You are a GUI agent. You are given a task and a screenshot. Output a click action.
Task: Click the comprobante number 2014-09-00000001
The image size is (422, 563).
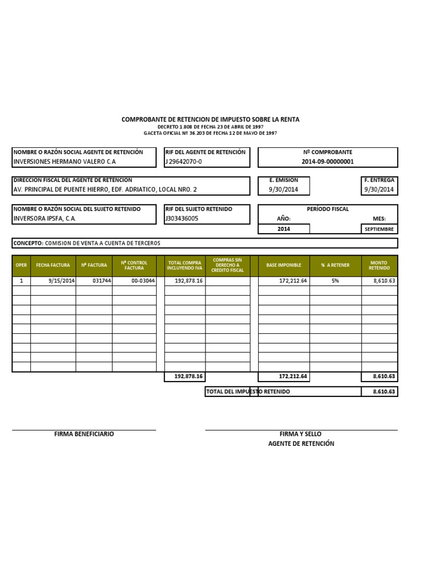(327, 162)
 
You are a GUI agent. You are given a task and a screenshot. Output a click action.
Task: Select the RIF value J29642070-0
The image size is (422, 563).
(184, 162)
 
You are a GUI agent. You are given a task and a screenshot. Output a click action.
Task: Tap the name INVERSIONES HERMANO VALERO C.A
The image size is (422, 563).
(64, 162)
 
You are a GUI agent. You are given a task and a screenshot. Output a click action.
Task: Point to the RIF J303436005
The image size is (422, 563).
(182, 218)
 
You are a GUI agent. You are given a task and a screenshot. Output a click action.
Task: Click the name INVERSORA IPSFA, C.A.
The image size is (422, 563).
(45, 218)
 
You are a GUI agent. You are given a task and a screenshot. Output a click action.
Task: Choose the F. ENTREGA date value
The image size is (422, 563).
(379, 190)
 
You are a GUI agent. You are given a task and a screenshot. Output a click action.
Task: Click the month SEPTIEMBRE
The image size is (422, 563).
(379, 229)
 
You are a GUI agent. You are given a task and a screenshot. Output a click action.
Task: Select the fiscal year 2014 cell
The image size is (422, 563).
(284, 229)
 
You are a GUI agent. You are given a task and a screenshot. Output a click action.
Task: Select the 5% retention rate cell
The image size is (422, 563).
(335, 280)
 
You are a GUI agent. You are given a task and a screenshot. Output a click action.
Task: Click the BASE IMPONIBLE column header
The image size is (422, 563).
(284, 266)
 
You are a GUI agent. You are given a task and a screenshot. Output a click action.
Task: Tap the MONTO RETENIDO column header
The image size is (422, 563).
(379, 266)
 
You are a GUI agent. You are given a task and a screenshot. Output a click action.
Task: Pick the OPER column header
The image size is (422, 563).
(21, 266)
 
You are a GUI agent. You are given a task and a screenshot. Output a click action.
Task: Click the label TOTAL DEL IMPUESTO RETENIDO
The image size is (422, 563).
(248, 391)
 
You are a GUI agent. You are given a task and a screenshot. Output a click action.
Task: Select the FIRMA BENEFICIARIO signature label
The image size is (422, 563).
(84, 434)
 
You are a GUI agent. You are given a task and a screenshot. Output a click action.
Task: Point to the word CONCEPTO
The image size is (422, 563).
(27, 243)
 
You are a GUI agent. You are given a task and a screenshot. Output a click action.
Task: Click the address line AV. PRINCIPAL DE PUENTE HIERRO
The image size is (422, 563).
(104, 190)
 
